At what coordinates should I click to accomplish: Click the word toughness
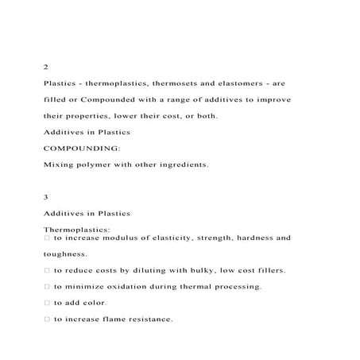click(64, 254)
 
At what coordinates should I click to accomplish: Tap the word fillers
click(267, 270)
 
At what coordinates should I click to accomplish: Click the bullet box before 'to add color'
click(47, 303)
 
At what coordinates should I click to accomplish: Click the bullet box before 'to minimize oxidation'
click(47, 286)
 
